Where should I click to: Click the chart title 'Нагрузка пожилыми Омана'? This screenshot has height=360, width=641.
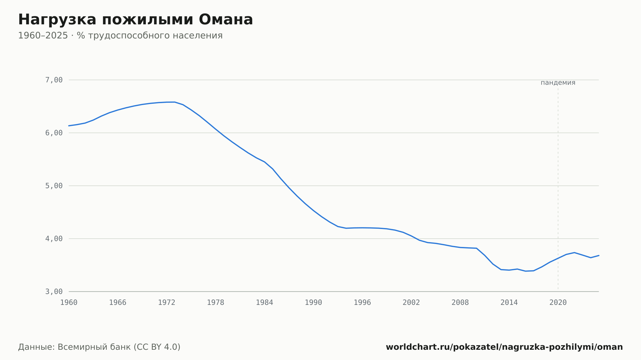(x=136, y=20)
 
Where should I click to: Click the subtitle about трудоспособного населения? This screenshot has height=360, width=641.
(x=120, y=36)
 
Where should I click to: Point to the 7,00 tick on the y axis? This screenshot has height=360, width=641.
(x=54, y=80)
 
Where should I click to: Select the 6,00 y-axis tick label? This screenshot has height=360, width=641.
(x=54, y=133)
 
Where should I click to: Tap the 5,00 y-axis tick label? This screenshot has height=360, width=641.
(x=54, y=186)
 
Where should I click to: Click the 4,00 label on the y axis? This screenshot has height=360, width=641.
(x=54, y=239)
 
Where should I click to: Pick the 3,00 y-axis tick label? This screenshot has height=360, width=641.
(x=54, y=291)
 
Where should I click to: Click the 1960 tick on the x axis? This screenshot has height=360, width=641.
(x=69, y=303)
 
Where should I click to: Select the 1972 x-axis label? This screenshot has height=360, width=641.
(x=167, y=303)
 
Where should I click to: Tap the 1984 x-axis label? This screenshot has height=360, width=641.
(x=264, y=303)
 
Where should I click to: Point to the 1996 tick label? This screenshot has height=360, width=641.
(x=362, y=303)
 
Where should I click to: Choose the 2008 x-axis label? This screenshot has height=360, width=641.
(x=460, y=303)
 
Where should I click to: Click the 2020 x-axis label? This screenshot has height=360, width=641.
(x=558, y=303)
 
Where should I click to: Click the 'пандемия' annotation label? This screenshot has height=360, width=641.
(x=558, y=83)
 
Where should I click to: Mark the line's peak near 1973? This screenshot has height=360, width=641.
(x=175, y=102)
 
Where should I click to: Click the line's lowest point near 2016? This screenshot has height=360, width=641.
(x=525, y=271)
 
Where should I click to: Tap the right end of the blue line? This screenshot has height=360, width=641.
(x=599, y=255)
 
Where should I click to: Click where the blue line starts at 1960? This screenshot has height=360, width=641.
(x=69, y=126)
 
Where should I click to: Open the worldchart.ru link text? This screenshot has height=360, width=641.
(x=504, y=347)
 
